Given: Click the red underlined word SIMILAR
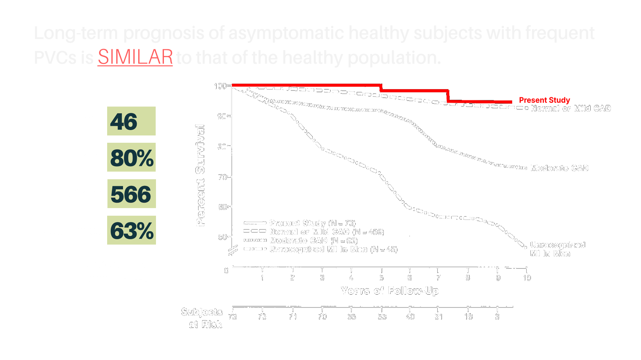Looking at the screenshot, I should tap(135, 57).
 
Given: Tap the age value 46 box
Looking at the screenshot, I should tap(131, 121).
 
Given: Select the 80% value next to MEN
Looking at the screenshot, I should tap(131, 157).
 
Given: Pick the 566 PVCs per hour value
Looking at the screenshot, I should tap(131, 194).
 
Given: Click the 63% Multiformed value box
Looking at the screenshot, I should tap(131, 230).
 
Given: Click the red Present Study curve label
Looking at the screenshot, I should tap(544, 100).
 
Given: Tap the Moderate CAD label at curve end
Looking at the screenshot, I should tap(559, 168).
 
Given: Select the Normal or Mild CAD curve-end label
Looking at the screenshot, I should tap(570, 109).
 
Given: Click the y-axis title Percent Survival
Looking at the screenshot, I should tap(200, 175).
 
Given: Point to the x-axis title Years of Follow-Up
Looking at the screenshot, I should tap(389, 290).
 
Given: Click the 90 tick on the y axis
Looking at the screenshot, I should tap(222, 117).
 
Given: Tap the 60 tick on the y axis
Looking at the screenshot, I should tap(223, 207).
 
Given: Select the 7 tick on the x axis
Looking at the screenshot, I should tap(438, 278).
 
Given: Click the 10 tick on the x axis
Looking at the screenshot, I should tap(527, 278).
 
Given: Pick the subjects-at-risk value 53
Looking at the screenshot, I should tap(382, 317).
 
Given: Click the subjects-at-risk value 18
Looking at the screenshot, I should tap(468, 317).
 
